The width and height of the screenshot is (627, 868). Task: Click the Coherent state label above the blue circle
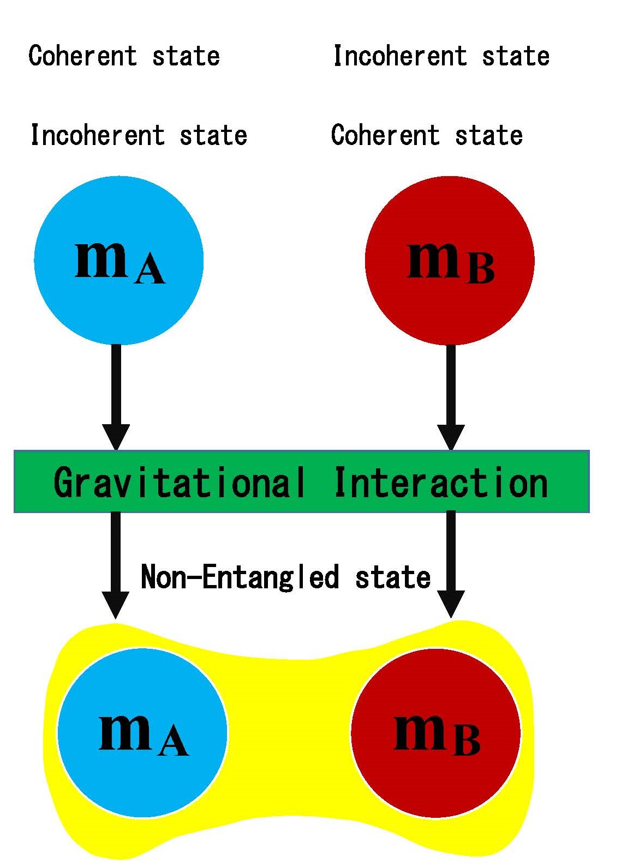124,56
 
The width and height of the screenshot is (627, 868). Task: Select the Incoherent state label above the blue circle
139,135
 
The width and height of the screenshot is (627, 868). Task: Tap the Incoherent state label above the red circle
441,56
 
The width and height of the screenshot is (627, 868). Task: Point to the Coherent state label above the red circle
427,135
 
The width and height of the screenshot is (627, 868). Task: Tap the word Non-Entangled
240,577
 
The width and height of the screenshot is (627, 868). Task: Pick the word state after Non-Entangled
393,577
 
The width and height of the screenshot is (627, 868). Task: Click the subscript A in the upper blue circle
150,270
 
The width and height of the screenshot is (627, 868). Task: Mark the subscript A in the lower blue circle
174,742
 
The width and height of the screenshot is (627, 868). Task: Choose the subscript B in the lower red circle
467,741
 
